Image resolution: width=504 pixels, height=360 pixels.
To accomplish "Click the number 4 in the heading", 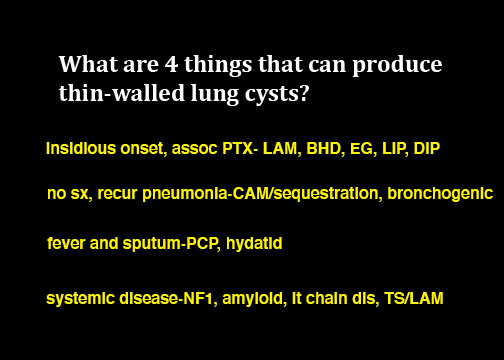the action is coord(171,64).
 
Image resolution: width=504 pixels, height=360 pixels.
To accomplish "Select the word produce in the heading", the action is coord(397,66).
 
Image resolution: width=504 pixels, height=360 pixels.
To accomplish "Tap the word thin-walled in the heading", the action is coord(122,92).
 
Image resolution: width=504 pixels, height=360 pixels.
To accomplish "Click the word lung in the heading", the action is coord(215,94).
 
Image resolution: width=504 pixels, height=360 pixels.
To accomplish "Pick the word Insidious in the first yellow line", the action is coord(81,148).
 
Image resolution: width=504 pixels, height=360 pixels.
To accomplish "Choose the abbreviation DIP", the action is coord(427,148).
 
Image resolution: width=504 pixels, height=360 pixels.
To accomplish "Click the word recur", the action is coord(117,194).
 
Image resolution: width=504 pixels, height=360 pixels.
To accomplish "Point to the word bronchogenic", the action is coord(440,194).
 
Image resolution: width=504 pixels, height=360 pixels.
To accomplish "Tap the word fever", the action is coord(66,243).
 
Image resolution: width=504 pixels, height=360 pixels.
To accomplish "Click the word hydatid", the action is coord(254,243).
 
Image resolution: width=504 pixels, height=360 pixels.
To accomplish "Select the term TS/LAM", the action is coord(414,298).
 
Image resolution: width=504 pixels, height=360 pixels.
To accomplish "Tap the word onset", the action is coord(144,149).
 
